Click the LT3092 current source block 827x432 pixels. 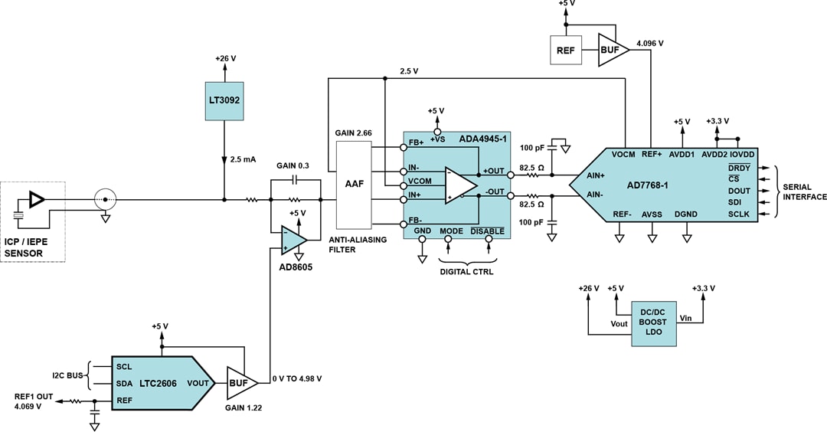[x=224, y=101]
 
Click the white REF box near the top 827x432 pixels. [x=567, y=50]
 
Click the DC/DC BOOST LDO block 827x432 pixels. [x=653, y=322]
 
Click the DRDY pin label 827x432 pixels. [x=740, y=168]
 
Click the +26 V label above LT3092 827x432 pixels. [x=224, y=59]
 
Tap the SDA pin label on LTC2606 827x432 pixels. [x=125, y=382]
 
